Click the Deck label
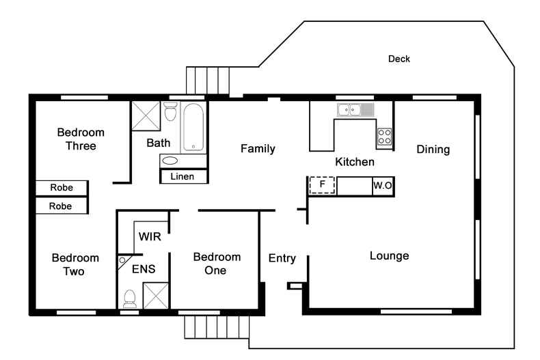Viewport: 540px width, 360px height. click(x=399, y=59)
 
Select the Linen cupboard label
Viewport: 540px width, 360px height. click(x=183, y=176)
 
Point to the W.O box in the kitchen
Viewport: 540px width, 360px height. click(x=381, y=185)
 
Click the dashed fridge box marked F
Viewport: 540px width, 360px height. click(x=322, y=185)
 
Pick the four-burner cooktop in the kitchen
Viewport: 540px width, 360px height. click(x=384, y=137)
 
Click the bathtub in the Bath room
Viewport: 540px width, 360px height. click(x=193, y=128)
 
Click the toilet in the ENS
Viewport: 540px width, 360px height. click(x=129, y=298)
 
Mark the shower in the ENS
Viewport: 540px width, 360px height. click(x=155, y=296)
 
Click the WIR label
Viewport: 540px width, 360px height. click(x=149, y=237)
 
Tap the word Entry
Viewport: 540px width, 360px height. click(x=282, y=258)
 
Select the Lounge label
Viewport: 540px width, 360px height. click(x=389, y=256)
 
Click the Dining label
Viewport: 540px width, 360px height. click(x=433, y=149)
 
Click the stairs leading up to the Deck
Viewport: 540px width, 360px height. click(x=208, y=81)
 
